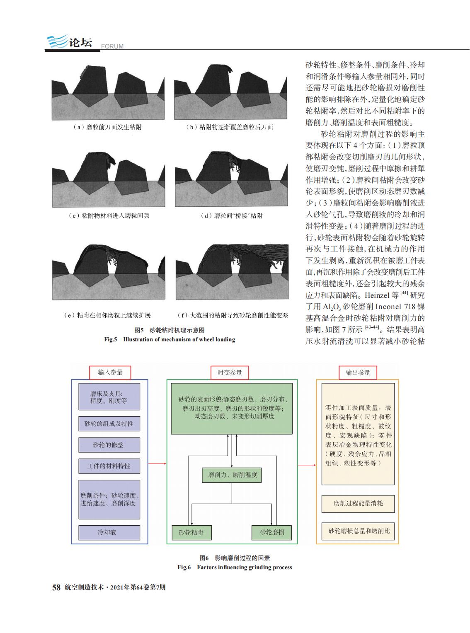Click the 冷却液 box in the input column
[x=109, y=532]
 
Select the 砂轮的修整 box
[x=109, y=445]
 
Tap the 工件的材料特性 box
[x=109, y=466]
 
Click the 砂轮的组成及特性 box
[x=109, y=424]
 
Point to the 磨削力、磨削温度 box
[x=232, y=475]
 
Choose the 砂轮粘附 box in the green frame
[x=191, y=533]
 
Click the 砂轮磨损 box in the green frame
[x=271, y=533]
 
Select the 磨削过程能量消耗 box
[x=358, y=504]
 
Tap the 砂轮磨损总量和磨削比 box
[x=358, y=531]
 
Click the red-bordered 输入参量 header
[x=110, y=372]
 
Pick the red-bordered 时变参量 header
[x=230, y=373]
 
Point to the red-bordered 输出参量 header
[x=358, y=373]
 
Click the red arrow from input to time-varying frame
[x=157, y=464]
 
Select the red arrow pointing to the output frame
[x=307, y=465]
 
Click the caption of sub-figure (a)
[x=107, y=127]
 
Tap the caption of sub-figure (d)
[x=231, y=216]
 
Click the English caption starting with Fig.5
[x=170, y=340]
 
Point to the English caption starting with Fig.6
[x=235, y=568]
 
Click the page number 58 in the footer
[x=56, y=587]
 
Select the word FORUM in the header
[x=112, y=46]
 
